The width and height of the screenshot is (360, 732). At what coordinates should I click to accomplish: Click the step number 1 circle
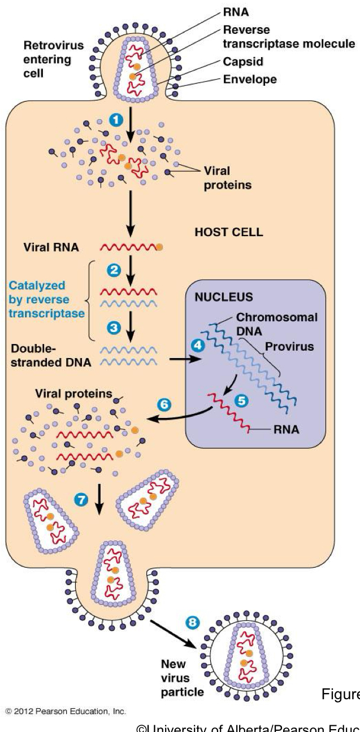[x=115, y=120]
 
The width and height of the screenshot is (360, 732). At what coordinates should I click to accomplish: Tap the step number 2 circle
[x=115, y=270]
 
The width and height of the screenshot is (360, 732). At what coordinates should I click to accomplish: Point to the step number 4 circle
[x=197, y=358]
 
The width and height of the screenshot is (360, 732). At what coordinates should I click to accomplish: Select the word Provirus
[x=292, y=346]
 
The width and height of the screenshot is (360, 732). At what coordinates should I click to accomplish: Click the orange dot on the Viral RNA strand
[x=160, y=247]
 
